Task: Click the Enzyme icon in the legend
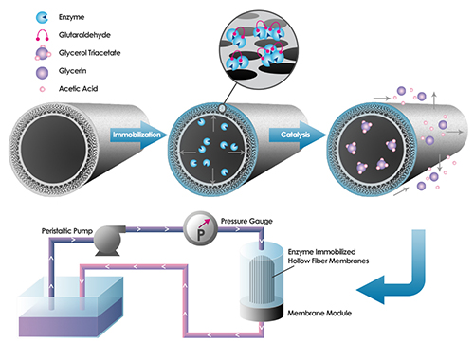tap(42, 18)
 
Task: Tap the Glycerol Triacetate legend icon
tap(43, 53)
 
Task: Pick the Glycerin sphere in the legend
tap(42, 73)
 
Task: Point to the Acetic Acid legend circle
tap(42, 89)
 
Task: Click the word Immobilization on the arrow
tap(137, 135)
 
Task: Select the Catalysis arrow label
tap(296, 135)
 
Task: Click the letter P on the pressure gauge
tap(201, 235)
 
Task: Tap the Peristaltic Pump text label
tap(67, 231)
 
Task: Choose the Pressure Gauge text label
tap(246, 221)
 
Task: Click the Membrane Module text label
tap(319, 313)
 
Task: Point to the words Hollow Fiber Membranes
tap(328, 261)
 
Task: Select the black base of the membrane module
tap(261, 312)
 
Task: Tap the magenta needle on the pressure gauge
tap(204, 223)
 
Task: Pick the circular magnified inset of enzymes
tap(259, 49)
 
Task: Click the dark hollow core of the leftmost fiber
tap(53, 149)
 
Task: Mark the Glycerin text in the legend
tap(72, 71)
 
